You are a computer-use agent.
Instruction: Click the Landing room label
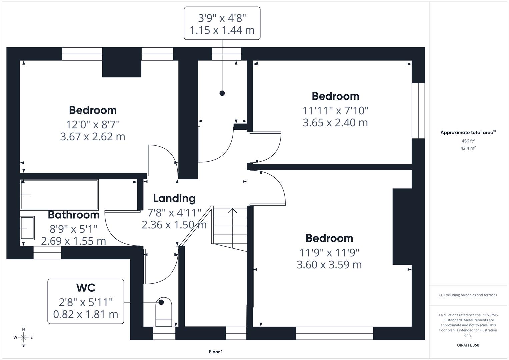[x=174, y=198]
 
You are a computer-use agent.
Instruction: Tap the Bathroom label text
[x=74, y=215]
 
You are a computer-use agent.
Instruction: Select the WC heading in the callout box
[x=86, y=287]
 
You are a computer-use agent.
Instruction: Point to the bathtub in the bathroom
[x=59, y=195]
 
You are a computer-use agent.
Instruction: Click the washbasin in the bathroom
[x=27, y=228]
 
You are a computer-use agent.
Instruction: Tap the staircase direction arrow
[x=232, y=211]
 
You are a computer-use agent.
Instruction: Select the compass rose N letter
[x=23, y=329]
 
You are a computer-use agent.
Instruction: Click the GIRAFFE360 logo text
[x=468, y=345]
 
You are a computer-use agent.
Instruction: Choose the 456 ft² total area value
[x=468, y=141]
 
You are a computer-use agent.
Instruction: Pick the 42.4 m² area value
[x=468, y=148]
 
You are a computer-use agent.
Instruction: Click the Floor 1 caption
[x=216, y=352]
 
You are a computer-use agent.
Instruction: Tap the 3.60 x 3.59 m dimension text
[x=329, y=265]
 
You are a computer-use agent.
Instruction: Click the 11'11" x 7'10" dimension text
[x=335, y=110]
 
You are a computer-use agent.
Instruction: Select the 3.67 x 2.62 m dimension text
[x=93, y=137]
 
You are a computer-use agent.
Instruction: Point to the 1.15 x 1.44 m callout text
[x=222, y=30]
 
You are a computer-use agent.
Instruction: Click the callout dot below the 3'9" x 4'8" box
[x=222, y=93]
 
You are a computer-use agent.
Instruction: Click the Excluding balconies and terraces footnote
[x=468, y=295]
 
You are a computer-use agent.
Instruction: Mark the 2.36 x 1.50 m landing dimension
[x=174, y=225]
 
